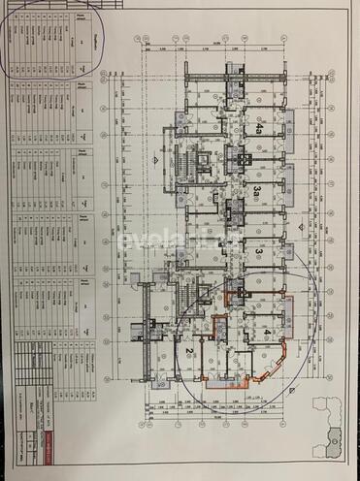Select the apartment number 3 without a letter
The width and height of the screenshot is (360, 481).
[x=259, y=251]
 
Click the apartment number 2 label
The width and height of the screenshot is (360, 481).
[x=184, y=354]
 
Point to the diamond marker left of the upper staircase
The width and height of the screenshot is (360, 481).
[x=156, y=158]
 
